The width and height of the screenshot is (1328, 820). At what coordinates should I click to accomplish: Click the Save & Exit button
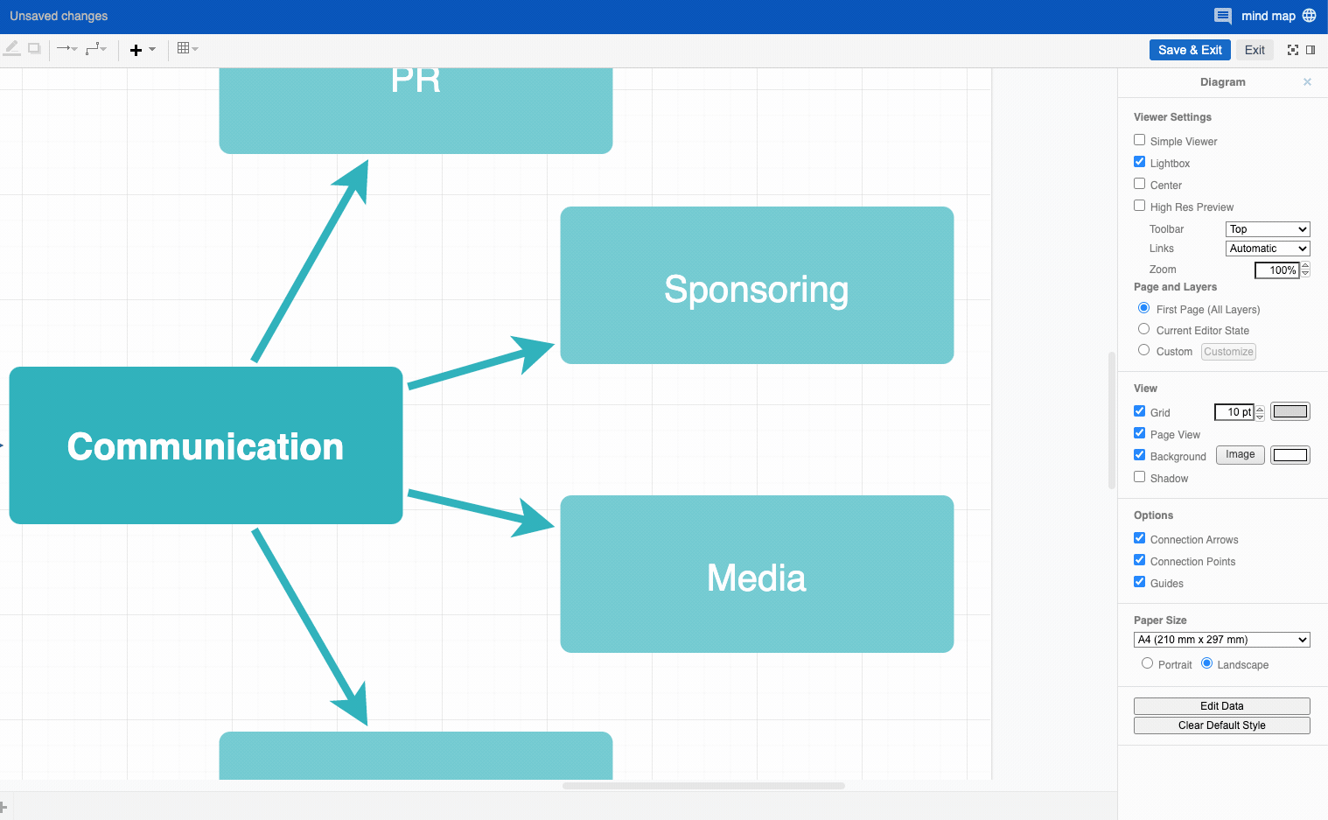tap(1189, 50)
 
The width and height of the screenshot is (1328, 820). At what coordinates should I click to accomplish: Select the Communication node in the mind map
tap(206, 445)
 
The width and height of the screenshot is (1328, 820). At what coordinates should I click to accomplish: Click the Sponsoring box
tap(756, 285)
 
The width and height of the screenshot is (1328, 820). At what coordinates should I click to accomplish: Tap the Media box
tap(756, 574)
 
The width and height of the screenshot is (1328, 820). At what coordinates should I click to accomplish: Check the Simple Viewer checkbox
tap(1139, 140)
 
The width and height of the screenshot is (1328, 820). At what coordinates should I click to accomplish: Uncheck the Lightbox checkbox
tap(1139, 162)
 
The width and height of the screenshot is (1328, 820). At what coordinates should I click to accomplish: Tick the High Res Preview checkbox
tap(1139, 206)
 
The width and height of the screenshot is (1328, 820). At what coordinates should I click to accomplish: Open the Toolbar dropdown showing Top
tap(1267, 229)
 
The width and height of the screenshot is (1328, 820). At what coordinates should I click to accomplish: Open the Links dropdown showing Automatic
tap(1267, 249)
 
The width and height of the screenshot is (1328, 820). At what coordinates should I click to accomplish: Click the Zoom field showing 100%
tap(1276, 270)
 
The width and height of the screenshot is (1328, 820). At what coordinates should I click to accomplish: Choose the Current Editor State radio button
tap(1143, 329)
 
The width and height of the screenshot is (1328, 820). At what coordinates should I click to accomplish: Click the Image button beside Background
tap(1240, 455)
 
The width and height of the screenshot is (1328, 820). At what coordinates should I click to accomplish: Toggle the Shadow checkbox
tap(1139, 477)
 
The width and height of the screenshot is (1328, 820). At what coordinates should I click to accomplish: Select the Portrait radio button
tap(1147, 663)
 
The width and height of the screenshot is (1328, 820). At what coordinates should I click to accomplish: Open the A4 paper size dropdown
tap(1221, 640)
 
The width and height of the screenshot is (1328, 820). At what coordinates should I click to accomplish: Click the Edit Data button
tap(1221, 706)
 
